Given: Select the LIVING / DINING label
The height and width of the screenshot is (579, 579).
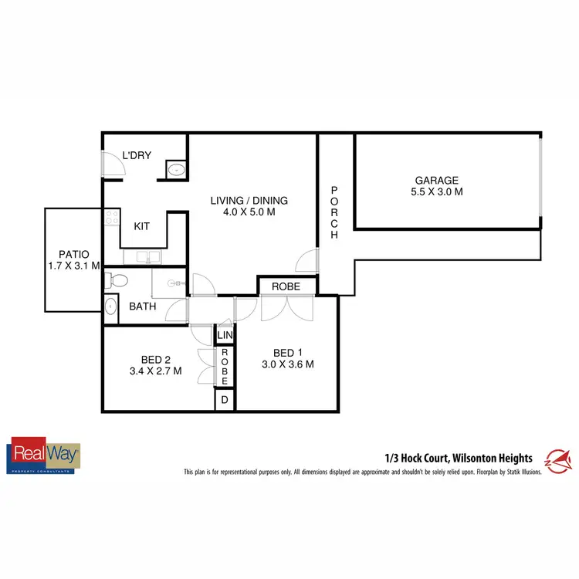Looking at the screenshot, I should click(243, 201).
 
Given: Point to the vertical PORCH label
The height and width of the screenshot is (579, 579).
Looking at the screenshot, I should click(335, 212).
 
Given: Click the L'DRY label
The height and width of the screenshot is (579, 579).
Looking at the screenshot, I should click(137, 156).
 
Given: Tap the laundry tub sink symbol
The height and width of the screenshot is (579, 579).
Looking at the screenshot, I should click(175, 169).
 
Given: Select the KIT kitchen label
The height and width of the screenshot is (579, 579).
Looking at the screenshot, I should click(142, 226).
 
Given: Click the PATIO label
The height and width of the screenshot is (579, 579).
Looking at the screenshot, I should click(74, 254).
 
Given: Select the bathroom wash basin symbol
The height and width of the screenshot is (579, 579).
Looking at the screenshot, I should click(110, 307).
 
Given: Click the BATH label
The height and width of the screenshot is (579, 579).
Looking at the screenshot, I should click(142, 306).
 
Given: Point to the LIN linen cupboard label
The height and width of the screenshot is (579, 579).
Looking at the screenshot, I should click(225, 336).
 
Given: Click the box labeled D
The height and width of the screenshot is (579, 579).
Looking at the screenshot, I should click(225, 400).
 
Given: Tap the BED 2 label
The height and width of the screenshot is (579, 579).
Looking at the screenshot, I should click(156, 359).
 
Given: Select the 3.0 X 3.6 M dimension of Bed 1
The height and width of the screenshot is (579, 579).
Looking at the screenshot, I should click(286, 364).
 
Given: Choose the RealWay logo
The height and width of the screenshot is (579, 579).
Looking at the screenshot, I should click(43, 456).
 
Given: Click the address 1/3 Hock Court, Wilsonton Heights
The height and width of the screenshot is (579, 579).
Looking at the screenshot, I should click(459, 458).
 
